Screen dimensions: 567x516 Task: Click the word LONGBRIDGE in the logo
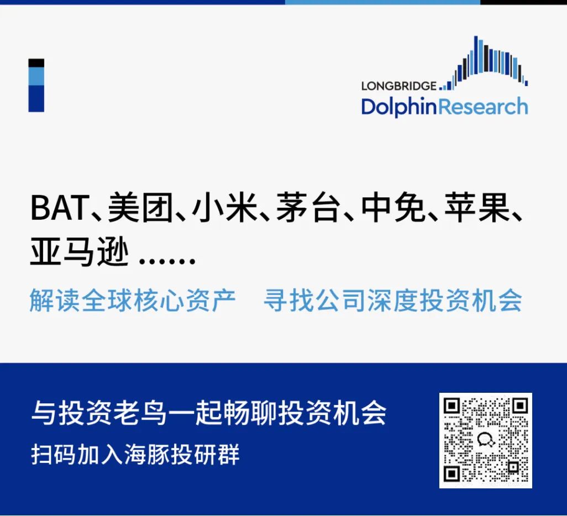tap(399, 86)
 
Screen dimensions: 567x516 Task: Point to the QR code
tap(486, 440)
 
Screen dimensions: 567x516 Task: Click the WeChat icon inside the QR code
tap(486, 440)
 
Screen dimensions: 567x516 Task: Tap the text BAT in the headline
tap(60, 208)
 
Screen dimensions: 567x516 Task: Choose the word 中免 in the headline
tap(393, 208)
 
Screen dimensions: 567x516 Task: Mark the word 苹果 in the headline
tap(477, 208)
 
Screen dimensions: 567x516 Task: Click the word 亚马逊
tap(79, 251)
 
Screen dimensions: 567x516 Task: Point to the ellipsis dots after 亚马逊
tap(167, 260)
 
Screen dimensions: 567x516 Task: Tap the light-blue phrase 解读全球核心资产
tap(132, 301)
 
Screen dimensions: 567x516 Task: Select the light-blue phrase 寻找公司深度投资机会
tap(393, 301)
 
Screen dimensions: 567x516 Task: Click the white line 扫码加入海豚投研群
tap(135, 454)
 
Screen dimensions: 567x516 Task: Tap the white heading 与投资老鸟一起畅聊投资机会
tap(209, 413)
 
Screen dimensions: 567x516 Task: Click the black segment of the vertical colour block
tap(36, 63)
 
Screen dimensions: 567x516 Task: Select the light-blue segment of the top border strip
tap(382, 2)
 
